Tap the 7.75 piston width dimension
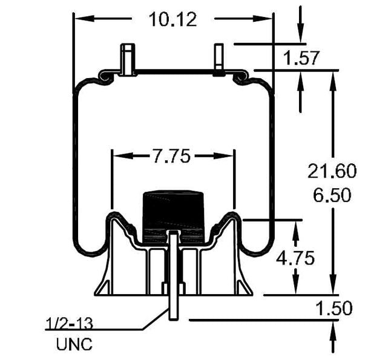pos(171,156)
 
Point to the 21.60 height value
pos(332,171)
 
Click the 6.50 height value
pos(332,196)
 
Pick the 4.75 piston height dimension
pos(295,258)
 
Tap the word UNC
pos(74,345)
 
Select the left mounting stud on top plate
pos(127,60)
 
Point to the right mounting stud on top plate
pos(218,59)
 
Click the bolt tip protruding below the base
pos(174,312)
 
